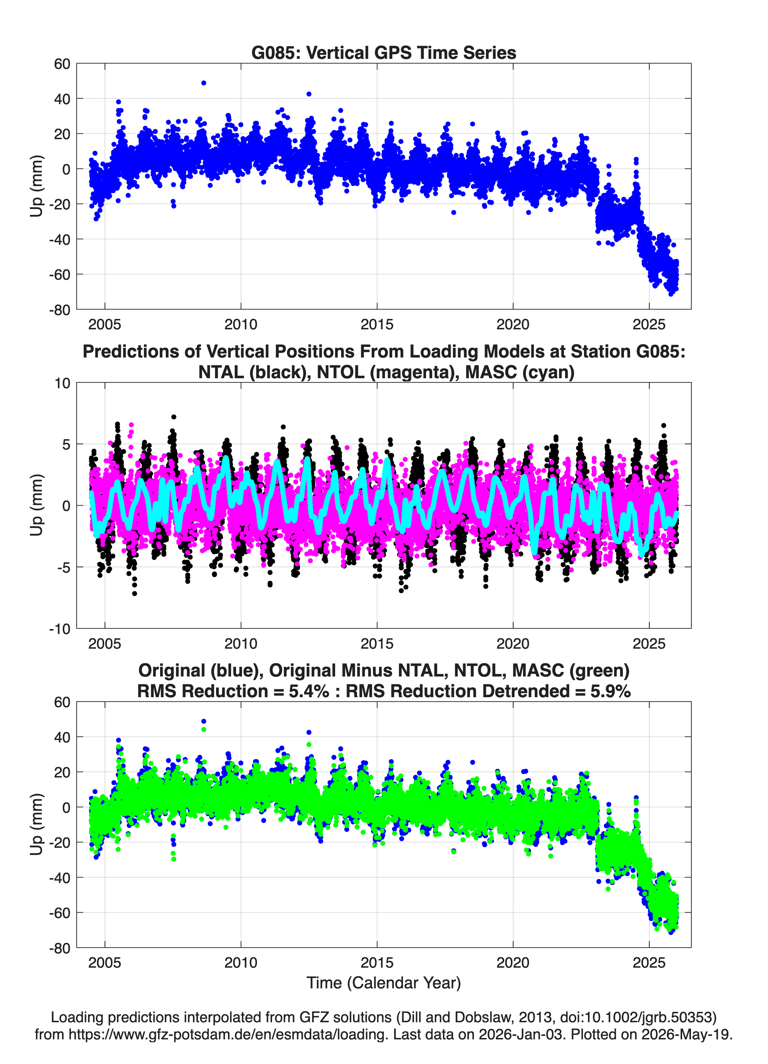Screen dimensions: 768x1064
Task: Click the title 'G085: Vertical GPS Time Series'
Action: point(384,52)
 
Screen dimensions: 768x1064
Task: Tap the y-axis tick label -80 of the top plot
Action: point(60,310)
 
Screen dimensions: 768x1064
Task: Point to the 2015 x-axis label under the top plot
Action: point(377,324)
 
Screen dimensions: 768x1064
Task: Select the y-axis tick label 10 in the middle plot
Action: point(62,383)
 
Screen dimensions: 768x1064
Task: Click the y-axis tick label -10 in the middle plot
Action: point(60,629)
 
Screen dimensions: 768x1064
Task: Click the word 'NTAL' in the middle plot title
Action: point(220,372)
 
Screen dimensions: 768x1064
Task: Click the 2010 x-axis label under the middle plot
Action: point(241,644)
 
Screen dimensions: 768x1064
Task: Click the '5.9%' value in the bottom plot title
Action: point(610,691)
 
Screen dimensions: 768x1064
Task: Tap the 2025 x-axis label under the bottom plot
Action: point(649,963)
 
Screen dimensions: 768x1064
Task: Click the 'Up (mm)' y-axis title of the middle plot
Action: point(37,505)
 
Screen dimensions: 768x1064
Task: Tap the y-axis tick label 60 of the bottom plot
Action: point(62,702)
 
